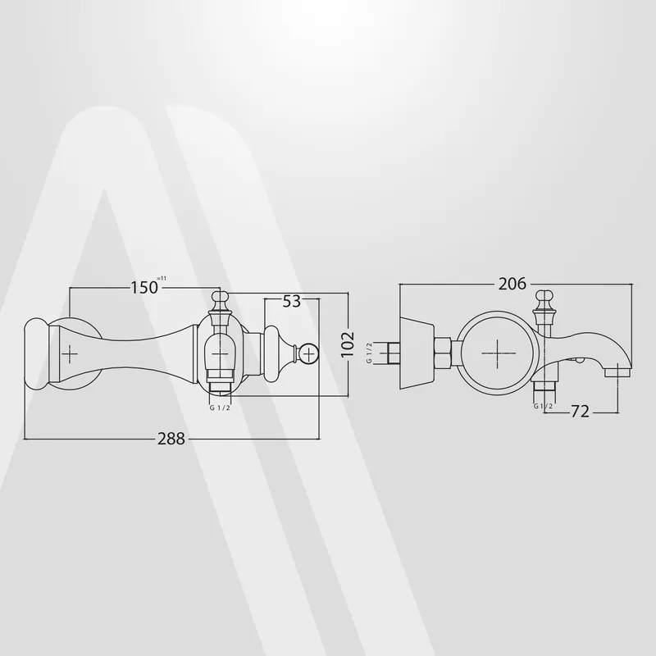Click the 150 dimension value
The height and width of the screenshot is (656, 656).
pyautogui.click(x=144, y=288)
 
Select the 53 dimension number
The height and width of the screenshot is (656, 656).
pyautogui.click(x=292, y=301)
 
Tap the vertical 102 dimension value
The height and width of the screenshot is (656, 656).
pyautogui.click(x=347, y=344)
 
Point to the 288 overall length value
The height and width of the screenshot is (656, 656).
pyautogui.click(x=171, y=439)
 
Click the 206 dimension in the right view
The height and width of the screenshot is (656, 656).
pyautogui.click(x=512, y=284)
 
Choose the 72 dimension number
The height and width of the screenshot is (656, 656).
pyautogui.click(x=580, y=412)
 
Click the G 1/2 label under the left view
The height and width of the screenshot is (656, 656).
pyautogui.click(x=220, y=408)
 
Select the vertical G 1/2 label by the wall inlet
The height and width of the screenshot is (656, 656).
pyautogui.click(x=369, y=353)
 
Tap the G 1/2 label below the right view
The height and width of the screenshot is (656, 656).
pyautogui.click(x=543, y=406)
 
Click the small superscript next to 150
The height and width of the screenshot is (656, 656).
pyautogui.click(x=161, y=279)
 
